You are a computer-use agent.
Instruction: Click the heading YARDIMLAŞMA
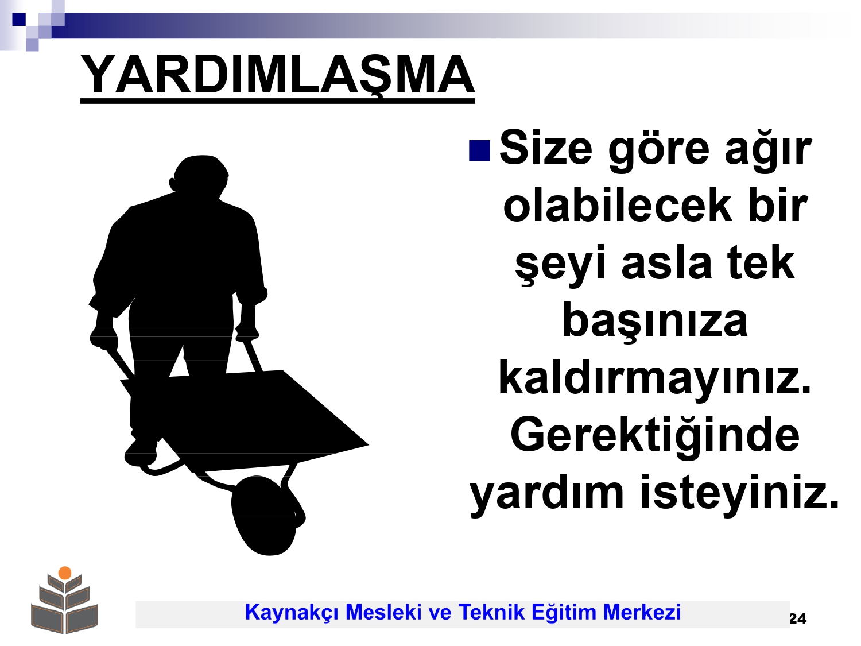click(x=277, y=75)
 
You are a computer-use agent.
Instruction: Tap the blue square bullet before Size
click(x=479, y=150)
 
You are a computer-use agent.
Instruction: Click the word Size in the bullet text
click(x=545, y=148)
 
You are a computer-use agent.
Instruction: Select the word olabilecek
click(x=618, y=204)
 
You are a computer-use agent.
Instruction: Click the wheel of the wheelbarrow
click(x=267, y=516)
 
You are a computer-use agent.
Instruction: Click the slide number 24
click(x=797, y=618)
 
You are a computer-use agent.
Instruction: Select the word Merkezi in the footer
click(x=642, y=612)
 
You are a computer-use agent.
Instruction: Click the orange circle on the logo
click(x=65, y=572)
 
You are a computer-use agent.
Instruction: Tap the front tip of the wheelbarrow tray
click(x=369, y=445)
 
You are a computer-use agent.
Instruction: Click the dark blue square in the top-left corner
click(x=19, y=19)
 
